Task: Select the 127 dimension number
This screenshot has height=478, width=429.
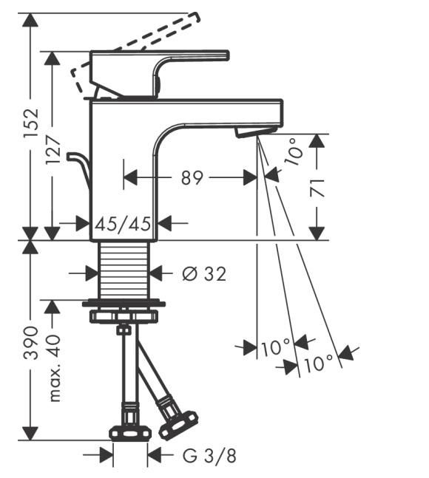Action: pyautogui.click(x=53, y=150)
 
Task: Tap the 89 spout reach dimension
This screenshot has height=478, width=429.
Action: pyautogui.click(x=192, y=178)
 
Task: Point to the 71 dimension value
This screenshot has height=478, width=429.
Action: pyautogui.click(x=317, y=188)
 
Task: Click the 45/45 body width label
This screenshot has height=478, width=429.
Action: pyautogui.click(x=123, y=224)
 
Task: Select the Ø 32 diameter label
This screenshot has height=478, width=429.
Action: pyautogui.click(x=204, y=273)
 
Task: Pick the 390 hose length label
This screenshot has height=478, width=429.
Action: pyautogui.click(x=31, y=343)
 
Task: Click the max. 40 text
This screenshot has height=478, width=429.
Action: pyautogui.click(x=54, y=368)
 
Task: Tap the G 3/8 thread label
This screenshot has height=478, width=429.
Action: pyautogui.click(x=209, y=457)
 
